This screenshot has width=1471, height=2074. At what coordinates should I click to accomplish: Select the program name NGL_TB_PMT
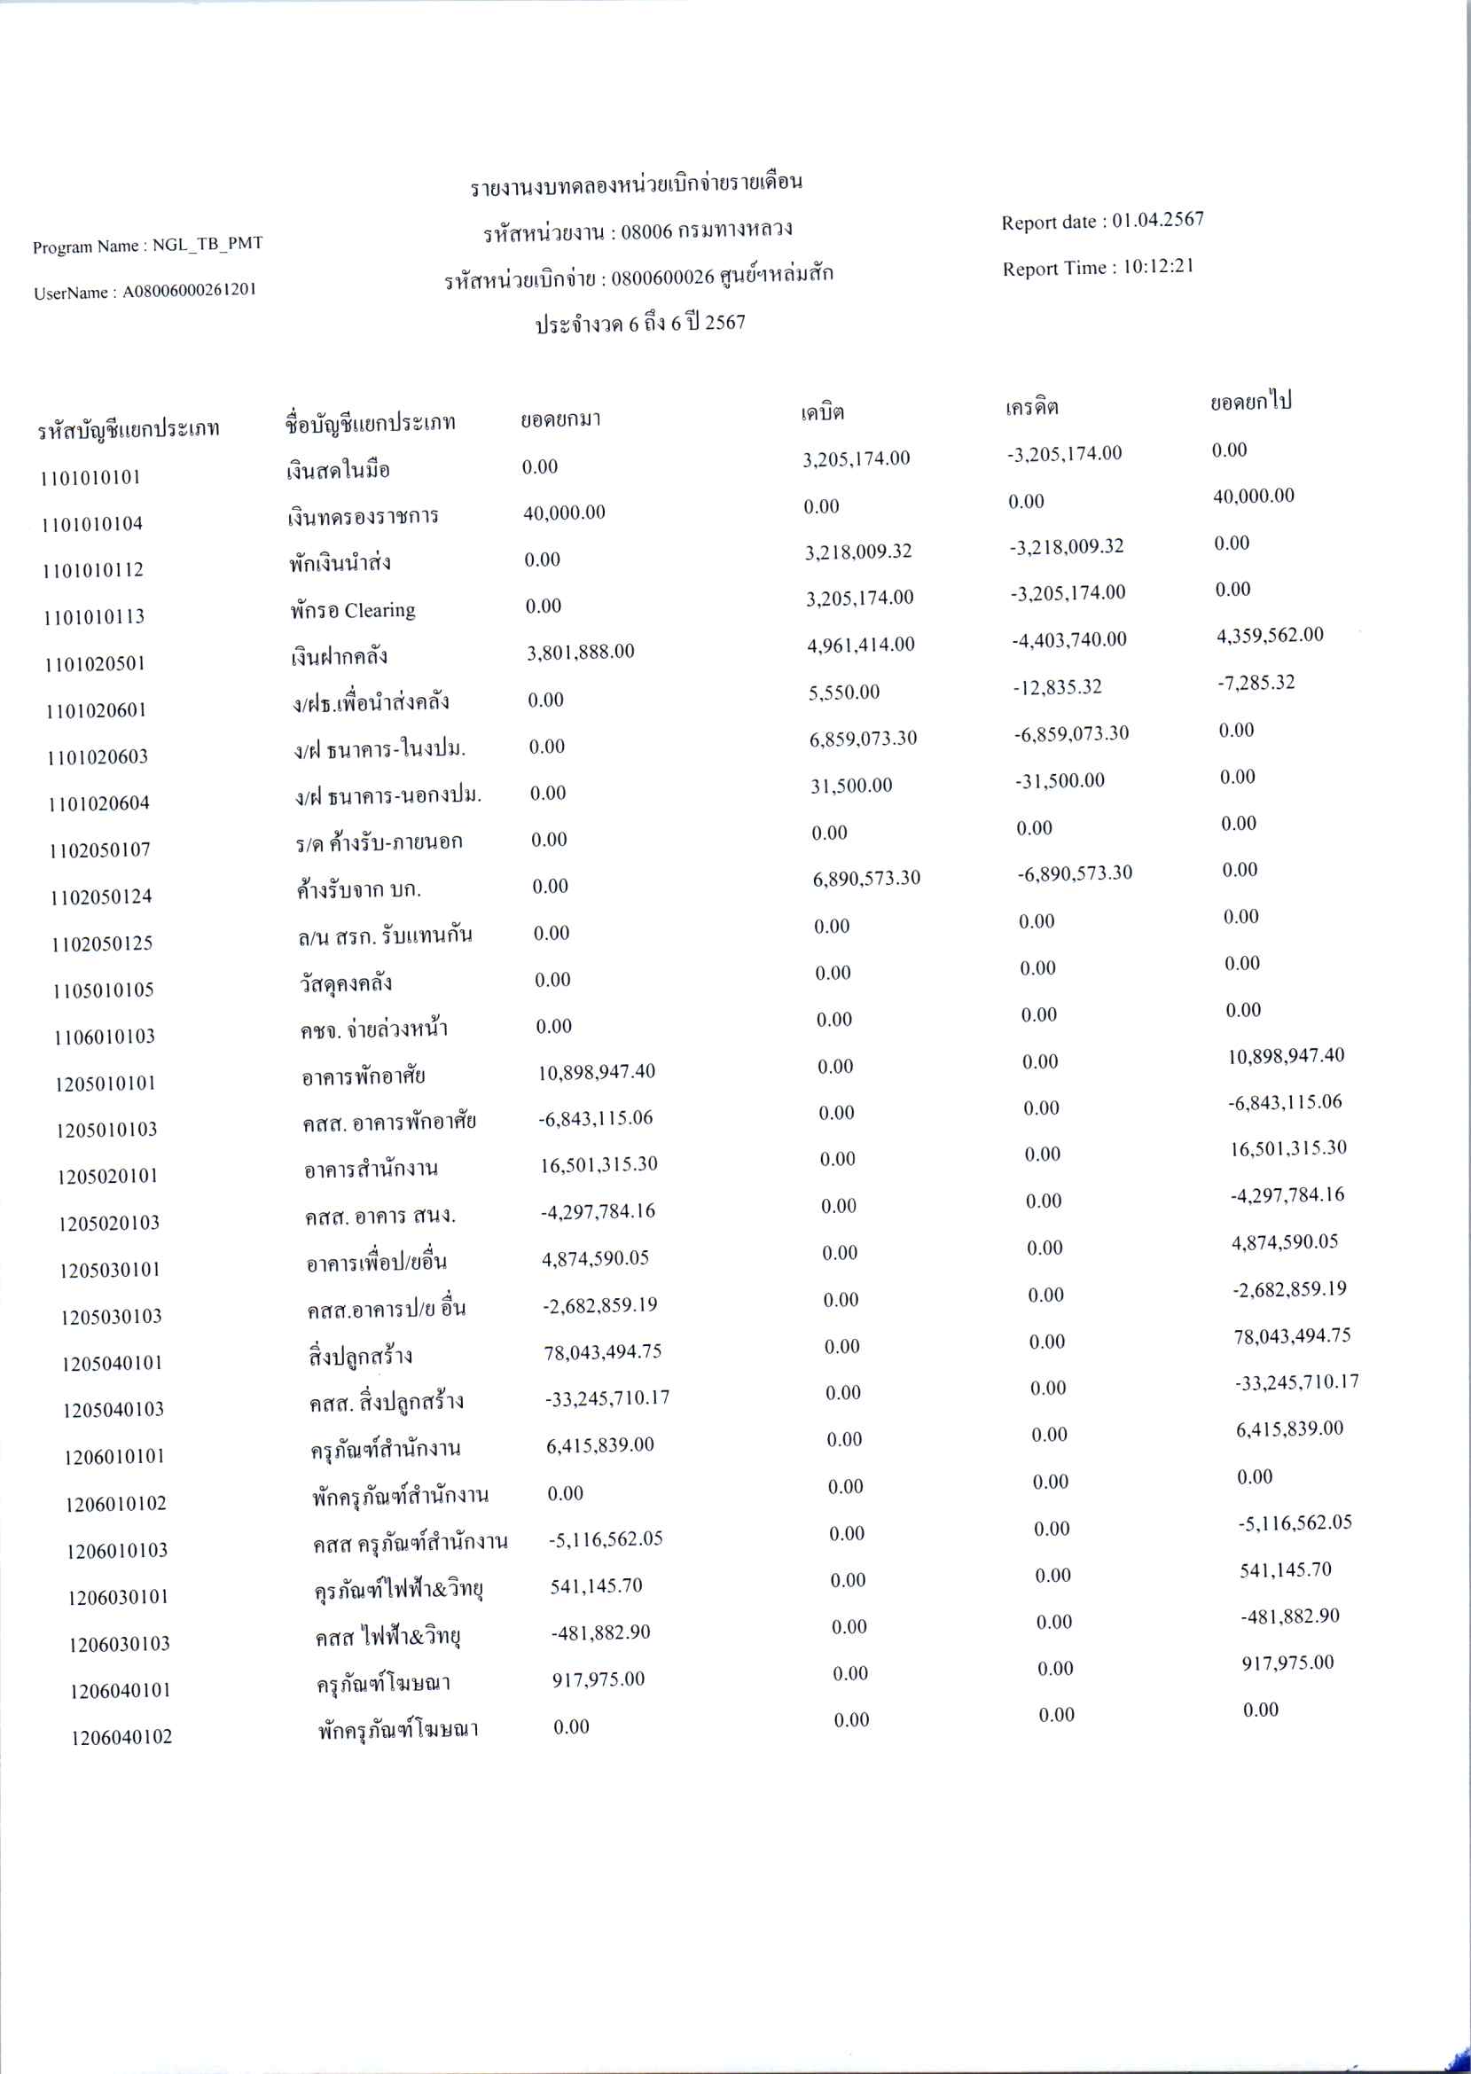click(x=207, y=245)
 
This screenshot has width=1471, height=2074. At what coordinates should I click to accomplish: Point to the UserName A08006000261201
click(x=190, y=291)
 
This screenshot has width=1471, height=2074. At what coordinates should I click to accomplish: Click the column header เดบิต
click(x=822, y=413)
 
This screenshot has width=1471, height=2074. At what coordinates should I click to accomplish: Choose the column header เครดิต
click(x=1031, y=408)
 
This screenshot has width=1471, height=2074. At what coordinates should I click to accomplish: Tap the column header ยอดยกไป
click(x=1250, y=401)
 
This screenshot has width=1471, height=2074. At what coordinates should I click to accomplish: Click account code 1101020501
click(x=95, y=664)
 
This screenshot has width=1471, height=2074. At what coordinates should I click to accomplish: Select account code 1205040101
click(x=112, y=1363)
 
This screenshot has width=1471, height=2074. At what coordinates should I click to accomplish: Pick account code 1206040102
click(x=121, y=1736)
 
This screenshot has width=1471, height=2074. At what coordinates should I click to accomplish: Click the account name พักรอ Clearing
click(x=352, y=610)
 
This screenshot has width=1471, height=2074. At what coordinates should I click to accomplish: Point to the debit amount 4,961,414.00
click(x=860, y=645)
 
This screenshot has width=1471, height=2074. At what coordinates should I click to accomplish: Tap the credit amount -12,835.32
click(x=1057, y=686)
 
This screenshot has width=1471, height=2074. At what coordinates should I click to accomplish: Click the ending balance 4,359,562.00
click(x=1269, y=635)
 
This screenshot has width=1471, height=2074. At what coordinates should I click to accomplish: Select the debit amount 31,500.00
click(x=850, y=786)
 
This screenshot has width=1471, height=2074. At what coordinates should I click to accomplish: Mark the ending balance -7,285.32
click(x=1256, y=683)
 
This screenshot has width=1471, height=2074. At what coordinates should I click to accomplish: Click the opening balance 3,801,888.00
click(x=580, y=652)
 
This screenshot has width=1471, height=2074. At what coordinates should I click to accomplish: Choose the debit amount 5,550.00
click(x=843, y=693)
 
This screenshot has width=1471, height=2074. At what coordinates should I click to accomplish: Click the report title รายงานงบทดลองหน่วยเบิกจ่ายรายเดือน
click(x=636, y=184)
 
